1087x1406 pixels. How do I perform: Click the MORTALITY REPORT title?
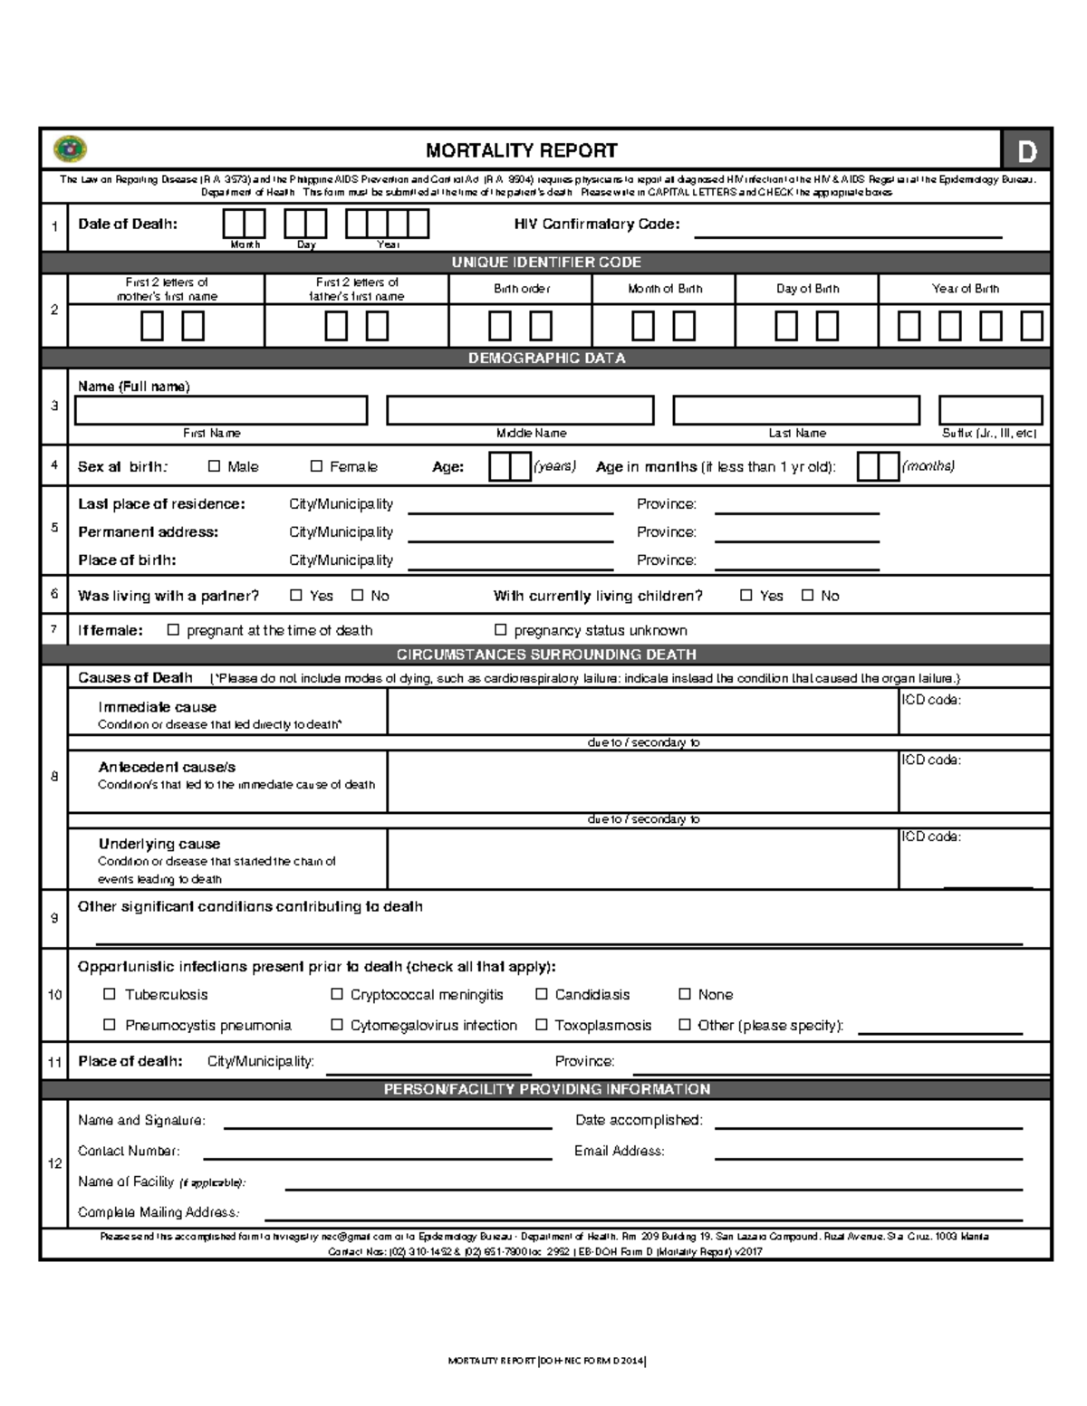522,150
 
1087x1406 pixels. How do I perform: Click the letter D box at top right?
1026,151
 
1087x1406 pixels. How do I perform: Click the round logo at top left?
70,149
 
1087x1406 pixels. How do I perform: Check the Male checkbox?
215,466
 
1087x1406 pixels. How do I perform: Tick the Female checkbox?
316,466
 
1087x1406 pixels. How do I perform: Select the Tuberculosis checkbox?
110,994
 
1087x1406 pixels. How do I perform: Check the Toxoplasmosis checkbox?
542,1025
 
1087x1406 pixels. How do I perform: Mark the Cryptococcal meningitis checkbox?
337,994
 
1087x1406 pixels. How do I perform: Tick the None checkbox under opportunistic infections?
685,994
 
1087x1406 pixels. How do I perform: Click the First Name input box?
221,410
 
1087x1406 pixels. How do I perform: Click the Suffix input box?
990,410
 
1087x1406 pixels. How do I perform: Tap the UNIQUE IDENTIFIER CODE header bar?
545,263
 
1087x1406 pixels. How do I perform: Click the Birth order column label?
521,289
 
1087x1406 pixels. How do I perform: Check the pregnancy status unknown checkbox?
500,630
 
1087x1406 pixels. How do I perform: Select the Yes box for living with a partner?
296,596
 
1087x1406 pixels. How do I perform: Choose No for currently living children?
808,596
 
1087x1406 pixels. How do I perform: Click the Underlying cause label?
159,844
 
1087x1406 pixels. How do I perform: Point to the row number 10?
54,995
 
